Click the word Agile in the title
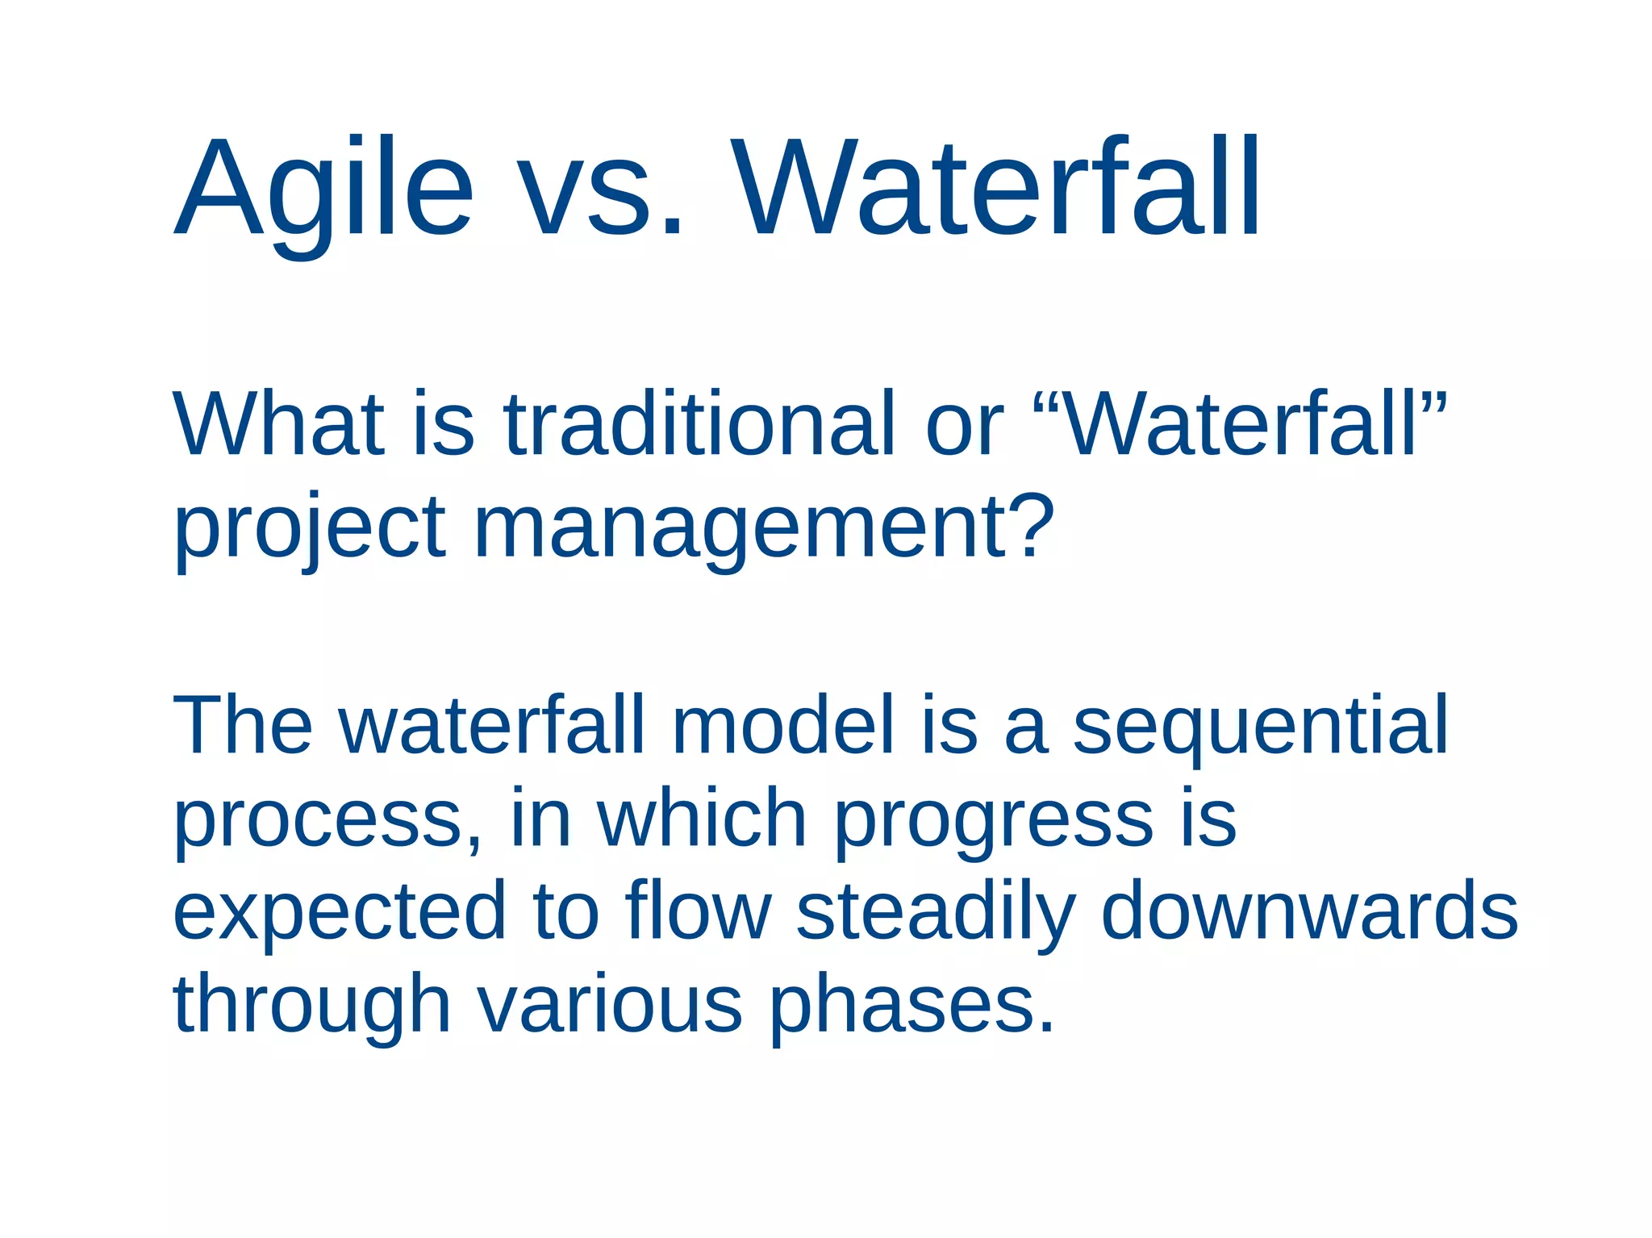coord(323,190)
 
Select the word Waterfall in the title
coord(996,190)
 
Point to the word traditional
coord(699,423)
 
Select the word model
coord(782,726)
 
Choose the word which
coord(701,819)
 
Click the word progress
coord(993,823)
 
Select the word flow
coord(698,911)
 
